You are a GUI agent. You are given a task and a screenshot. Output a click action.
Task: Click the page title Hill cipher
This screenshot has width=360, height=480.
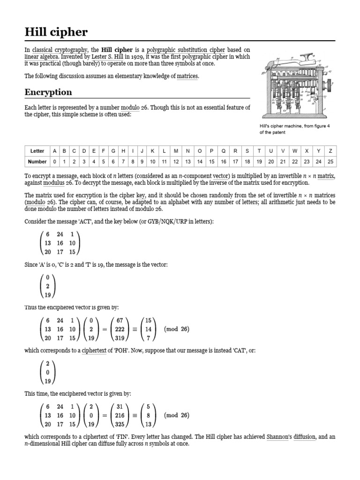point(56,32)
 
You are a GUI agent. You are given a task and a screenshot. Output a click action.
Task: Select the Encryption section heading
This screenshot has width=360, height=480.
point(48,92)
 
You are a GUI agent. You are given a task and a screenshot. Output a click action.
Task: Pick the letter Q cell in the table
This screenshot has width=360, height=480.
point(224,151)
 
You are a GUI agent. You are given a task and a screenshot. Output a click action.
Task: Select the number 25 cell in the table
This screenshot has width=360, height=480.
point(330,161)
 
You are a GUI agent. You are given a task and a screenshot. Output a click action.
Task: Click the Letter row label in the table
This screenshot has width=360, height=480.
point(37,151)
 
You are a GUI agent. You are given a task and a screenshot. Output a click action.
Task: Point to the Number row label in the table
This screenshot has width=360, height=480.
point(37,161)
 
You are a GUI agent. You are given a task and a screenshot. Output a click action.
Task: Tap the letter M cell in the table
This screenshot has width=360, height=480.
point(176,151)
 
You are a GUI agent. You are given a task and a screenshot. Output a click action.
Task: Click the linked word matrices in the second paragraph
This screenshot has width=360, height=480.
point(187,76)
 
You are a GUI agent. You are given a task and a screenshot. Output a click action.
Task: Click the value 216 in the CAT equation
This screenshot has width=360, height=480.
point(119,415)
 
